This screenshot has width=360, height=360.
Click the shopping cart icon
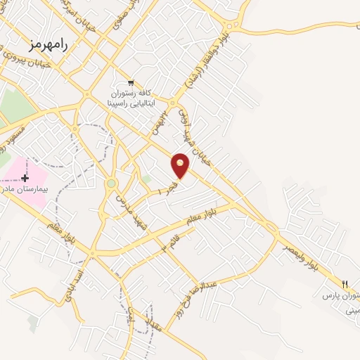[131, 82]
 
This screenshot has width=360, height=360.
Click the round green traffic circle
[111, 184]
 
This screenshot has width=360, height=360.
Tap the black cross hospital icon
[26, 178]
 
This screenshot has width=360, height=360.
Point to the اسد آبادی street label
[75, 283]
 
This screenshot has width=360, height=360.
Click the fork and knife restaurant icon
[345, 284]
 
